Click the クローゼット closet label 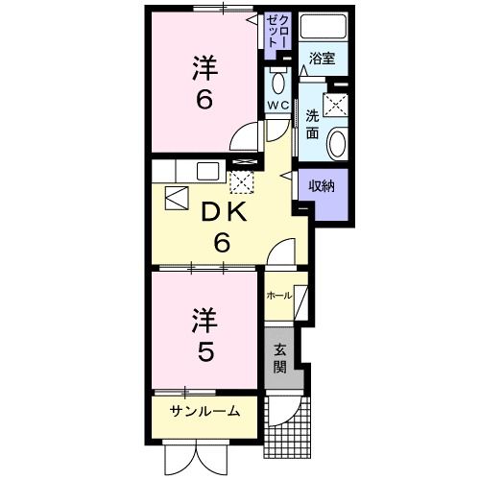[278, 34]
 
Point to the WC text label [277, 105]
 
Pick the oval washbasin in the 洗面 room [336, 143]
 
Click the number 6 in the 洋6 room [204, 102]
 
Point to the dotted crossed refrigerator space [242, 180]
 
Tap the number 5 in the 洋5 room [204, 352]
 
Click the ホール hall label [278, 295]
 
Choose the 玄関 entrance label [279, 358]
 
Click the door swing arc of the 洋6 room [248, 135]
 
